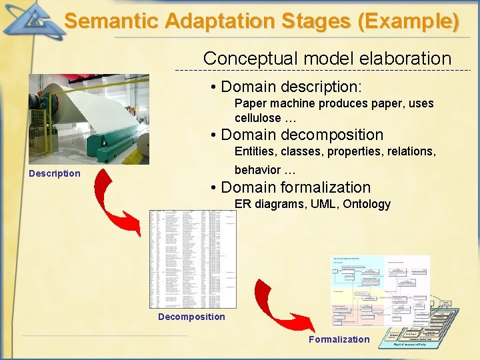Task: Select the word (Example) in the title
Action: coord(408,21)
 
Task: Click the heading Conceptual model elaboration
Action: coord(327,59)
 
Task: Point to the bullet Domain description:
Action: coord(291,87)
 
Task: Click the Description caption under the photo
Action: coord(55,173)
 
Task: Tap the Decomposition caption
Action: coord(191,317)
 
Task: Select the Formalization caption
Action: coord(339,339)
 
